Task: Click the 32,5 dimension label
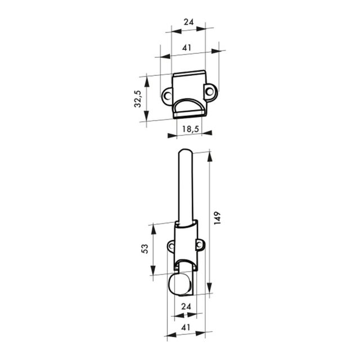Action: coord(138,99)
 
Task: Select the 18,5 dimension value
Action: coord(190,129)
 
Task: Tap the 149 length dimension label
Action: coord(217,218)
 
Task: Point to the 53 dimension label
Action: coord(145,249)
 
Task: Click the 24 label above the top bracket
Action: coord(189,22)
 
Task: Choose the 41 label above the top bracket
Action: coord(186,47)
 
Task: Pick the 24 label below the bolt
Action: coord(186,306)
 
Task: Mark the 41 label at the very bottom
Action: coord(186,327)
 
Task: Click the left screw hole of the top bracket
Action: coord(168,96)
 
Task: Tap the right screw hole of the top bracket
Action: coord(209,92)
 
